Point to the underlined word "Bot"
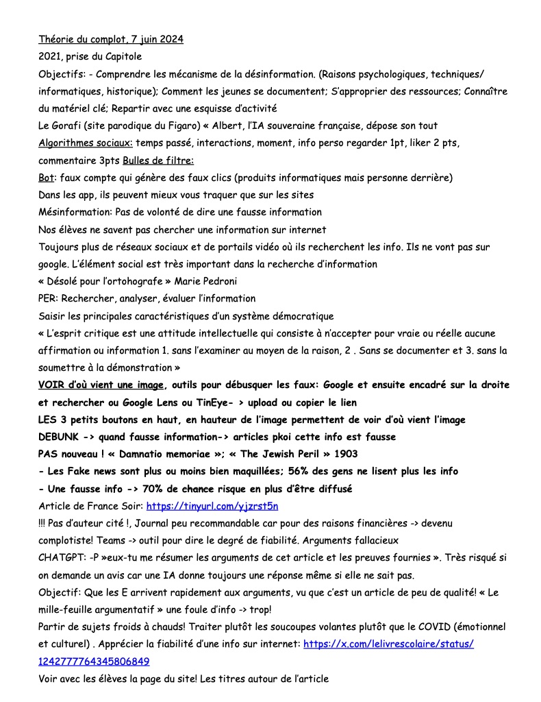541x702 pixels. click(x=47, y=178)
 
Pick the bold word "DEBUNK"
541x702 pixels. click(x=60, y=437)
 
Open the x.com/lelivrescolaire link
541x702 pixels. click(x=388, y=644)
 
